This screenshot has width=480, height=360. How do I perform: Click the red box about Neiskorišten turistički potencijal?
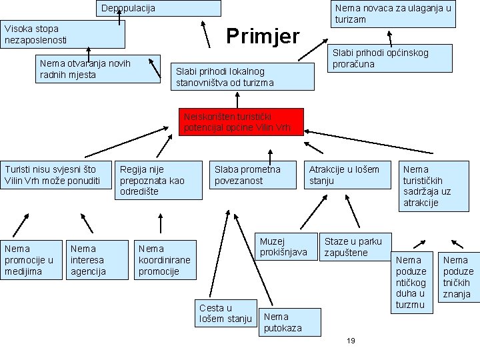pyautogui.click(x=241, y=122)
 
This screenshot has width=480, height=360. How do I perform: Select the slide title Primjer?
pyautogui.click(x=263, y=35)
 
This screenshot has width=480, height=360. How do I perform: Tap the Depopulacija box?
pyautogui.click(x=160, y=8)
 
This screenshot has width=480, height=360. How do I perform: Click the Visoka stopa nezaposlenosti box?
pyautogui.click(x=63, y=35)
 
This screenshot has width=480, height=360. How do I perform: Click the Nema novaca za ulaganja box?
pyautogui.click(x=393, y=13)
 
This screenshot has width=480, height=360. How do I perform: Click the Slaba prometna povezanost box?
pyautogui.click(x=254, y=175)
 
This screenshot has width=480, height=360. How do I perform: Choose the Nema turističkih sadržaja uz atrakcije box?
pyautogui.click(x=433, y=186)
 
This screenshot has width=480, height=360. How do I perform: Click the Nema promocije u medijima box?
pyautogui.click(x=30, y=259)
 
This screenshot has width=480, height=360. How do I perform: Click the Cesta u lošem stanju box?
pyautogui.click(x=226, y=313)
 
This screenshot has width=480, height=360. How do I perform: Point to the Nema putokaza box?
pyautogui.click(x=289, y=323)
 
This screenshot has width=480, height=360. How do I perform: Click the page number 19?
pyautogui.click(x=351, y=341)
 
